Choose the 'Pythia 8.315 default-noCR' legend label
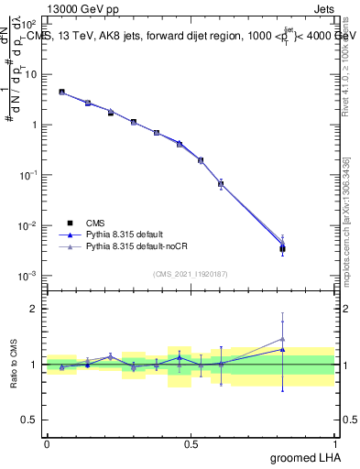133,247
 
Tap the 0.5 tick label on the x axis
191,443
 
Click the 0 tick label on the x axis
47,443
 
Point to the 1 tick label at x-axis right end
334,443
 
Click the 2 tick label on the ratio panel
34,309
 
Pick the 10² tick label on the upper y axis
30,24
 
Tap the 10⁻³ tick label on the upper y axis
28,276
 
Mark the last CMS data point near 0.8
283,248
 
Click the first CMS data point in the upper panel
61,92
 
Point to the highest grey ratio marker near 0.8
283,339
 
